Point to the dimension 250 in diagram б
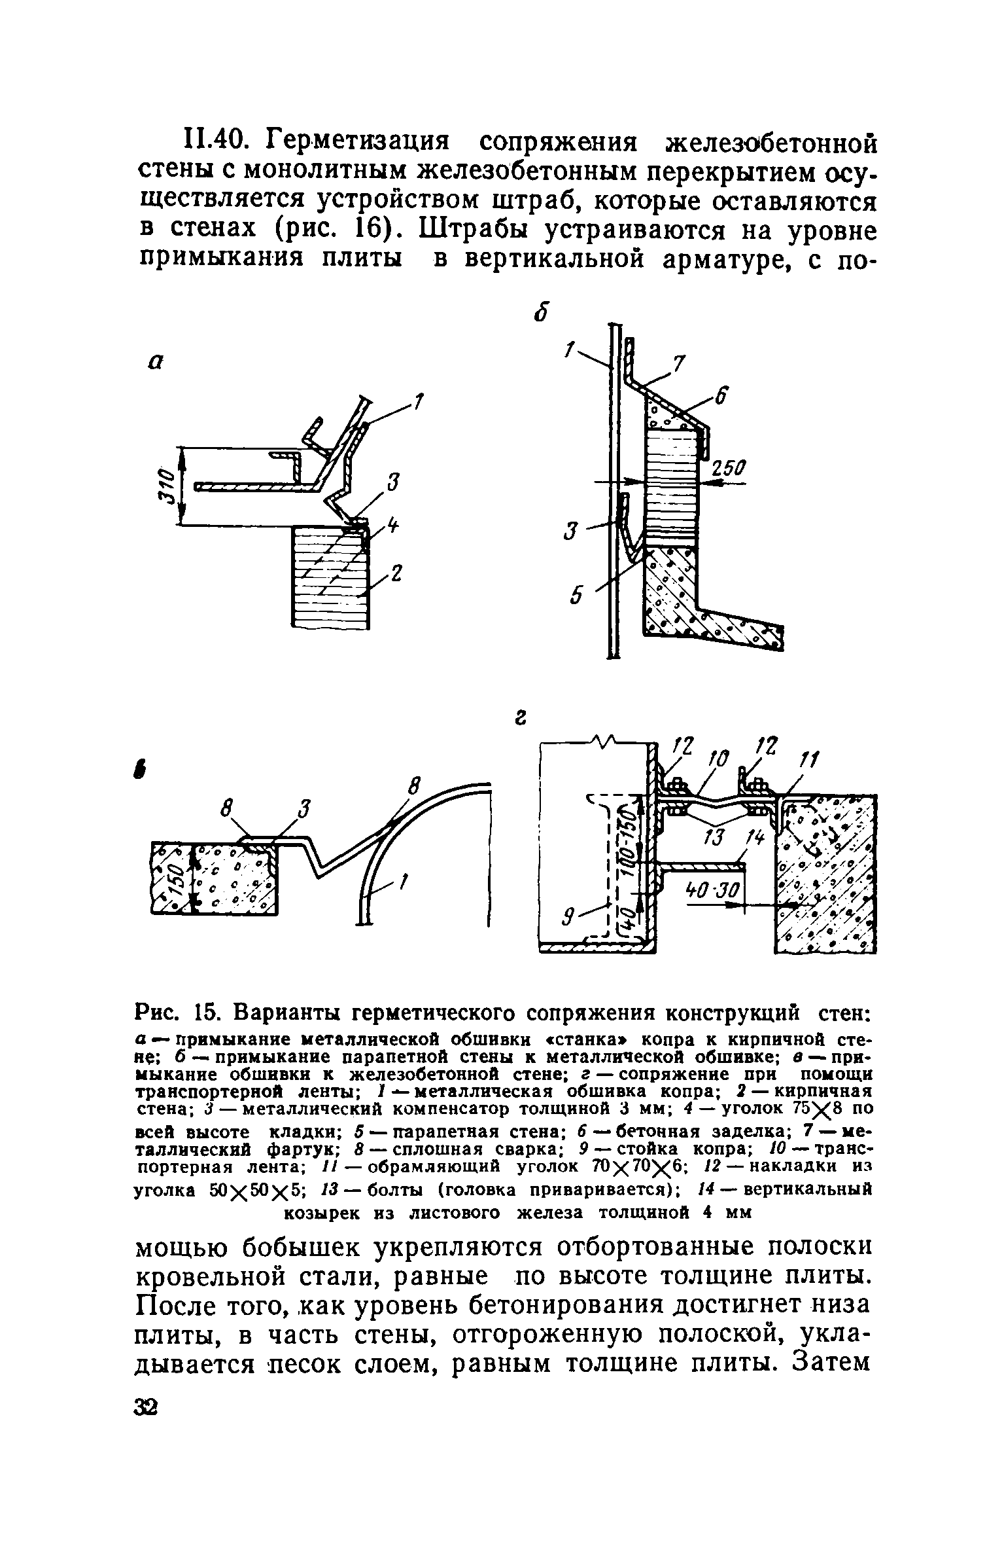point(726,469)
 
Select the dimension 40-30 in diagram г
point(712,890)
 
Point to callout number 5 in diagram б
point(576,596)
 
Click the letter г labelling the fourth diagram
point(520,719)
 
